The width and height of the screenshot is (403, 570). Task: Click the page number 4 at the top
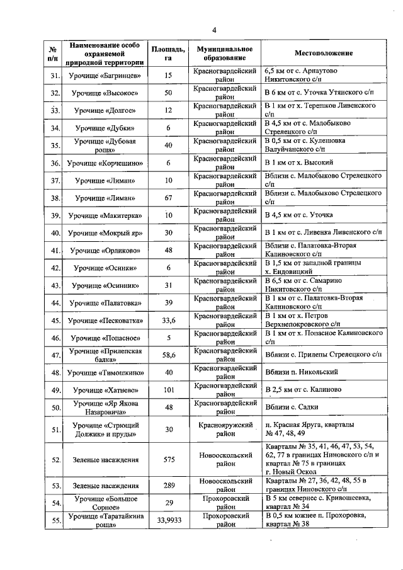tap(214, 30)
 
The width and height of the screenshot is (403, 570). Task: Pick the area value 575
tap(168, 460)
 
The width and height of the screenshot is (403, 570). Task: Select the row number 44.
tap(55, 304)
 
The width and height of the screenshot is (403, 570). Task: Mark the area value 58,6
tap(168, 356)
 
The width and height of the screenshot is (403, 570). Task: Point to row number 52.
tap(55, 460)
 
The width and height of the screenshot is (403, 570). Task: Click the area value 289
tap(168, 486)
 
